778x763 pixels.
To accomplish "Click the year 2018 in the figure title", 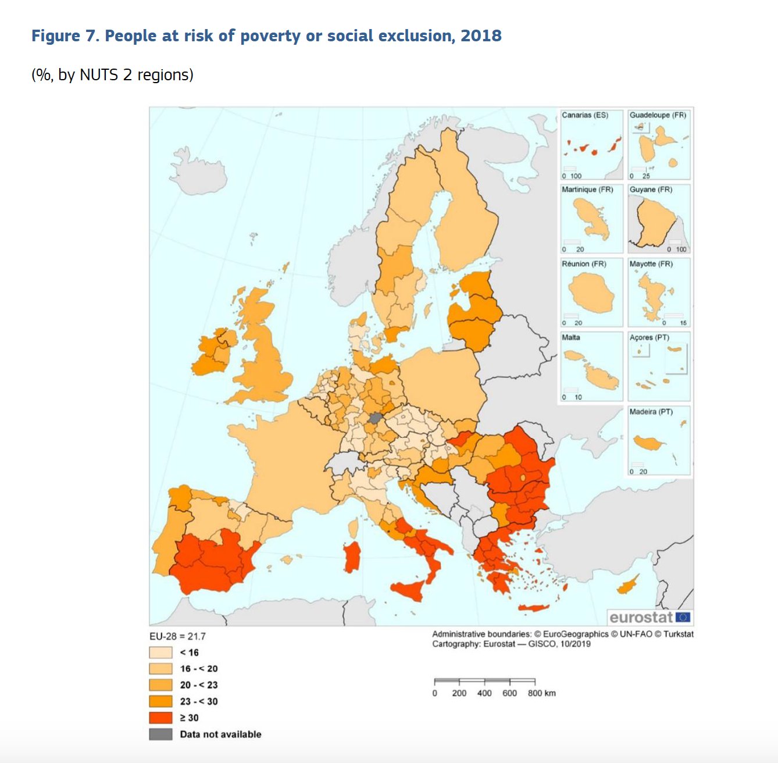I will coord(481,36).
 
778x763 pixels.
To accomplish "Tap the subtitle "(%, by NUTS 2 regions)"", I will coord(112,75).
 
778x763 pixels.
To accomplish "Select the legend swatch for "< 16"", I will coord(160,653).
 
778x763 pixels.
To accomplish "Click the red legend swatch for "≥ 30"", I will coord(160,718).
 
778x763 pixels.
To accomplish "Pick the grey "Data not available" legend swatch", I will coord(160,734).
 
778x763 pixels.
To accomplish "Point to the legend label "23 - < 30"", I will coord(198,701).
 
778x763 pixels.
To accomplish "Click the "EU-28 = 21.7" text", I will coord(177,636).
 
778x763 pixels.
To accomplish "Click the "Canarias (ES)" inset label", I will coord(584,115).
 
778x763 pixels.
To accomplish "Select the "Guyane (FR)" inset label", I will coord(651,190).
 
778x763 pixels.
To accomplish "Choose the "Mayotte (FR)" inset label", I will coord(651,264).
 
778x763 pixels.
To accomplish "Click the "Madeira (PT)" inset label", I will coord(651,412).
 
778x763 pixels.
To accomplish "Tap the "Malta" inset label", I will coord(570,337).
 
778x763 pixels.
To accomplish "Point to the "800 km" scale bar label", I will coord(541,693).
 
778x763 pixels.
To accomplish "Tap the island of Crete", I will coord(533,608).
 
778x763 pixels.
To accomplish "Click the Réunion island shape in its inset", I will coord(591,294).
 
